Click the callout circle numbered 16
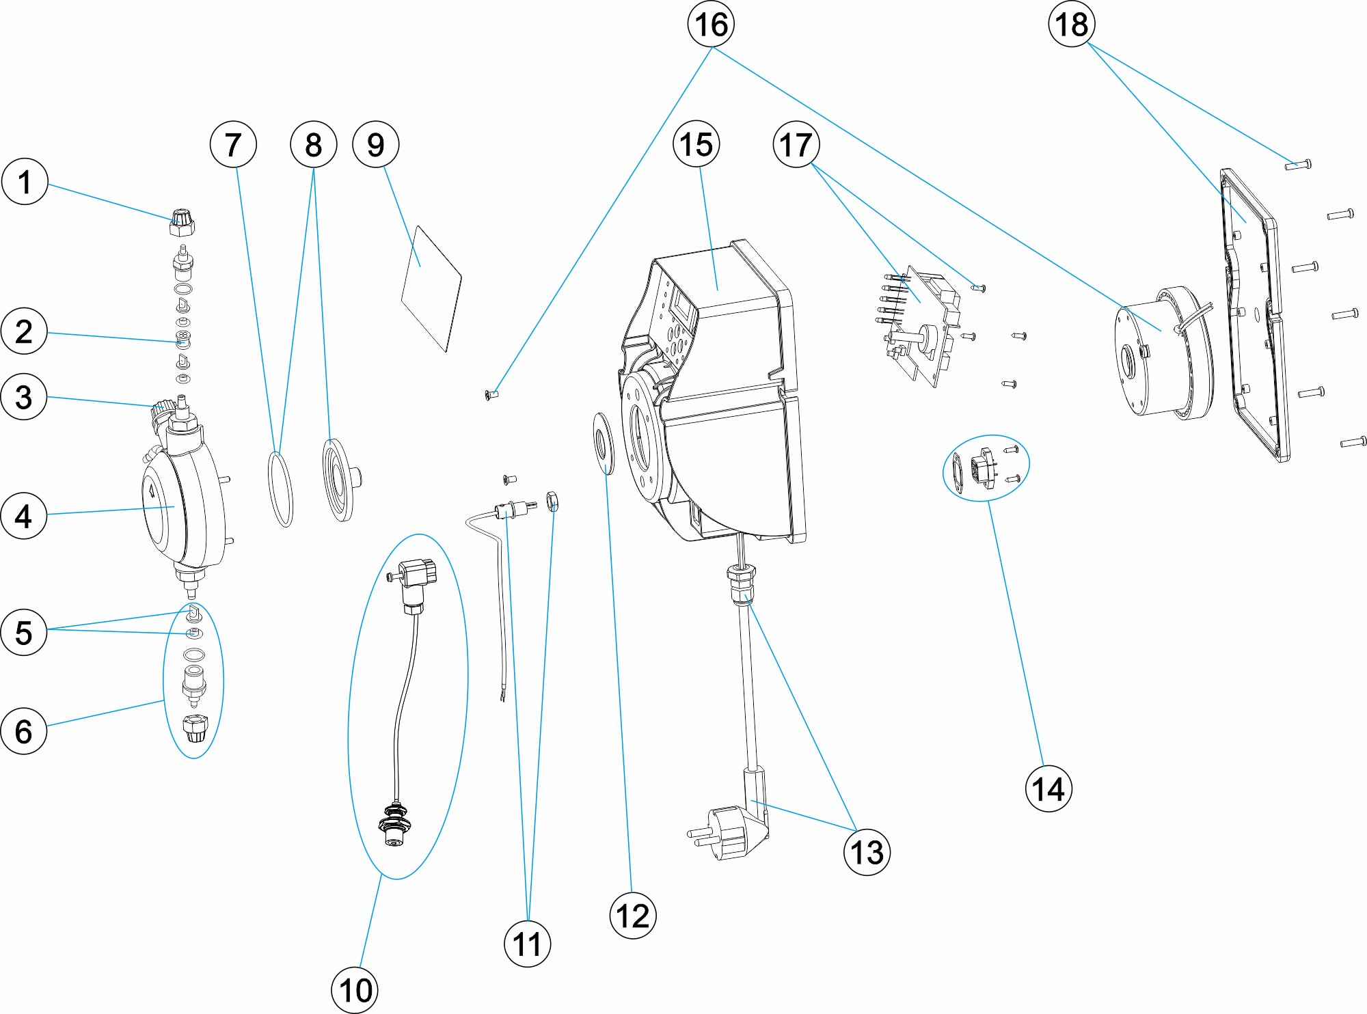click(711, 24)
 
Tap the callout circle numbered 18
click(1071, 24)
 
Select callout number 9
click(375, 144)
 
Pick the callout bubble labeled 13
click(867, 851)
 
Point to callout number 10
click(355, 989)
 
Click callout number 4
click(24, 516)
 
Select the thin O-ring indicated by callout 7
click(280, 489)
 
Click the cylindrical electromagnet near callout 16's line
click(1162, 352)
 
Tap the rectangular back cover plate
click(1254, 314)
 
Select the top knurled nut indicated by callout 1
click(182, 222)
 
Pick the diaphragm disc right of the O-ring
click(340, 480)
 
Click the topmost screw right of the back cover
click(1297, 165)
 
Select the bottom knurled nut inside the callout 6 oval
click(194, 728)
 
